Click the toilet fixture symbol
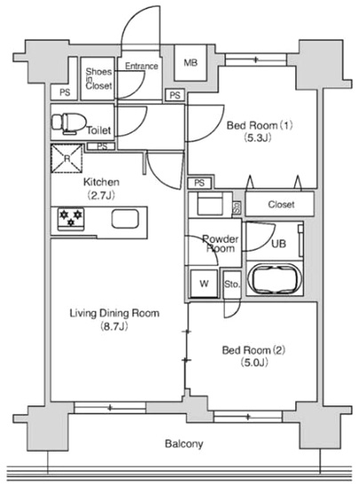[x=68, y=124]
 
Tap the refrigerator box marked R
[x=67, y=158]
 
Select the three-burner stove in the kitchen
[x=71, y=220]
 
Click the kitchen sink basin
[x=125, y=219]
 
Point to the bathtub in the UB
[x=275, y=278]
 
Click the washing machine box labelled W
[x=204, y=284]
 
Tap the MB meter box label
[x=190, y=63]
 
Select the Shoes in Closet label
[x=99, y=79]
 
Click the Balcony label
[x=184, y=444]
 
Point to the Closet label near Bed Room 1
[x=281, y=204]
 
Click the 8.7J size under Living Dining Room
[x=114, y=326]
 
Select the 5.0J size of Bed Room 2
[x=254, y=363]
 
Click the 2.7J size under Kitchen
[x=101, y=196]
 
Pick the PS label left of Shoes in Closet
[x=65, y=93]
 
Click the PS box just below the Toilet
[x=101, y=147]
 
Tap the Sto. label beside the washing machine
[x=232, y=285]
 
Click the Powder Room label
[x=220, y=244]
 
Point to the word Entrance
[x=141, y=66]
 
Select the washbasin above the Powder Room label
[x=210, y=204]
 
